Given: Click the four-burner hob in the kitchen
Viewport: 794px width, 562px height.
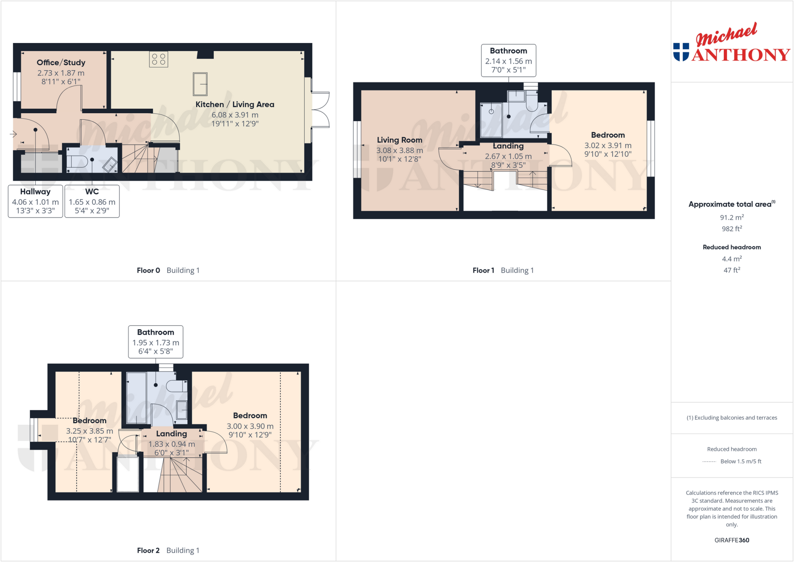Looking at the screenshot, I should coord(159,59).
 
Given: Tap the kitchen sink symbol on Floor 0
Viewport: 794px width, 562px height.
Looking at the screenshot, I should coord(200,84).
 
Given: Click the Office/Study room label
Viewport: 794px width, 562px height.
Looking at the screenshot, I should coord(61,62).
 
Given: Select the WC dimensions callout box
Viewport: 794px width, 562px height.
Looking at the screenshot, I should coord(92,201).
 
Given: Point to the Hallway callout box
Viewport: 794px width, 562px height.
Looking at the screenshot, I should coord(35,201).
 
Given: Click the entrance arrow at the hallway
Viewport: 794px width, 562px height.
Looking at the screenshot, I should coord(13,134).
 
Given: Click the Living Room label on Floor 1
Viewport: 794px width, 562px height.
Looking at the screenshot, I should coord(399,140).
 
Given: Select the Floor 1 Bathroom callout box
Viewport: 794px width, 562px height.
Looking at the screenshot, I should coord(508,60).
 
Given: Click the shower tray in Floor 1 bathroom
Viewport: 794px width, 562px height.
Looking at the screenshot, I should coord(491,120).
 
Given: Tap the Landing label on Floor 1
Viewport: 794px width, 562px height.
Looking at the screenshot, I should coord(508,146).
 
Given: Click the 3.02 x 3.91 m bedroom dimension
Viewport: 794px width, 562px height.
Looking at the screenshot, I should coord(608,145).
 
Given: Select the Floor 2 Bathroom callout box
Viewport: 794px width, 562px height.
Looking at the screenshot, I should coord(155,342).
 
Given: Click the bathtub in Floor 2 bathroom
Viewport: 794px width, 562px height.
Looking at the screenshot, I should coord(136,398).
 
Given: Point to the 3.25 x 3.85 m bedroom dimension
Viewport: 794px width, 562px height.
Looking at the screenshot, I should coord(90,431).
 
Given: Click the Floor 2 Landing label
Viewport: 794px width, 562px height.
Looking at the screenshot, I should coord(171,434).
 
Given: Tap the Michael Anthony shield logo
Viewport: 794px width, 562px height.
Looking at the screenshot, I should coord(681,52).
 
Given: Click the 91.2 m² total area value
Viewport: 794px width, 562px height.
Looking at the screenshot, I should coord(732,218).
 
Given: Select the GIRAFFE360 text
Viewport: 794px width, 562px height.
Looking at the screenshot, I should coord(732,540).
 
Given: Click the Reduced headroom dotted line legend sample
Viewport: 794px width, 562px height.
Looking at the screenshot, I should coord(709,462).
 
